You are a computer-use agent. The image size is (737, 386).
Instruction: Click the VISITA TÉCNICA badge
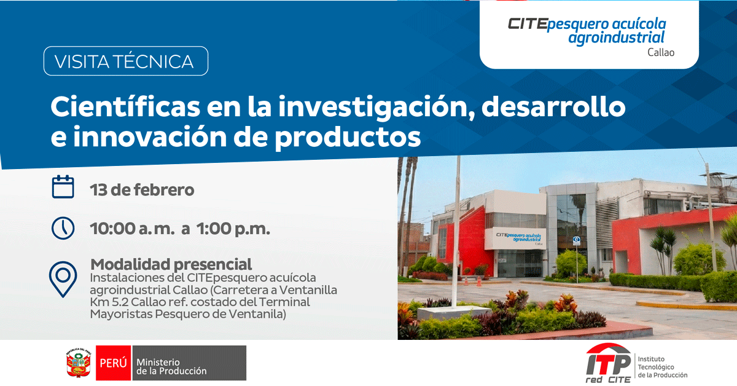coord(126,61)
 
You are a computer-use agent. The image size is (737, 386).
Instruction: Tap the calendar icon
coord(63,187)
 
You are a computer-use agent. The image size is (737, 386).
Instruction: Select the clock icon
coord(63,228)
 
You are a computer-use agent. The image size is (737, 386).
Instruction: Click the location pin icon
coord(63,279)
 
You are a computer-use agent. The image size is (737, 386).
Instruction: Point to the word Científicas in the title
coord(125,107)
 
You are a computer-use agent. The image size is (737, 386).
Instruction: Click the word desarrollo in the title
coord(553,107)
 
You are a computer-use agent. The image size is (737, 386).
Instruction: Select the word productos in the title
coord(348,137)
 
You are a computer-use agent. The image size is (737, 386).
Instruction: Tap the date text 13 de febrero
coord(142,190)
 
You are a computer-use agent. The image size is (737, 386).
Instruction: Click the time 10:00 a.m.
coord(132,229)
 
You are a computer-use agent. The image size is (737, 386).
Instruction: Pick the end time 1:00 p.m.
coord(233,229)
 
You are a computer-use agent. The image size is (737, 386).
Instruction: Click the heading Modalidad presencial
coord(171,264)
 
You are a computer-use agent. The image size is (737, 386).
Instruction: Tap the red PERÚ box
coord(113,363)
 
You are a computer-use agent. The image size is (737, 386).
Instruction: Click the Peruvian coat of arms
coord(79,363)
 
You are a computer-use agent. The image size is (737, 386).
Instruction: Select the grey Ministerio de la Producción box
coord(189,363)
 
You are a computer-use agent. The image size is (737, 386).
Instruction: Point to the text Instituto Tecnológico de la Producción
coord(662,367)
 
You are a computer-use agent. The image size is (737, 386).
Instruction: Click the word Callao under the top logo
coord(661,52)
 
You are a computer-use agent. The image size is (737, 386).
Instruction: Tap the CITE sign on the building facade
coord(518,238)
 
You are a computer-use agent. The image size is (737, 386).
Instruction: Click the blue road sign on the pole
coord(577,241)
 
